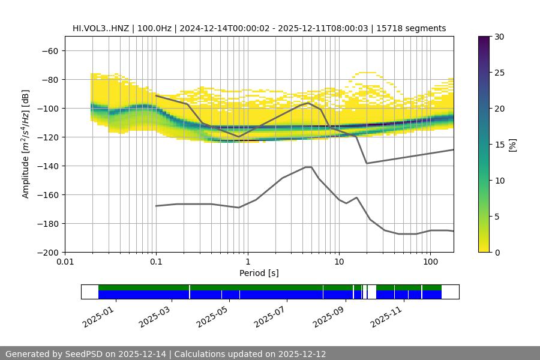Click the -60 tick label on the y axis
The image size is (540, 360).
pos(49,51)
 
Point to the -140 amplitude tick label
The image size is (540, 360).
pos(47,166)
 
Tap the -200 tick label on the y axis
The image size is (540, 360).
pos(47,253)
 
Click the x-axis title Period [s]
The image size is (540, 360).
pos(259,274)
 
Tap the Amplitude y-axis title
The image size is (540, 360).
pos(26,145)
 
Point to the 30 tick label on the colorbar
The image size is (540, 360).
pos(499,37)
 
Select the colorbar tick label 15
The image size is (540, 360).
pos(499,145)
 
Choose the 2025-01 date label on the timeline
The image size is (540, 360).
pos(98,315)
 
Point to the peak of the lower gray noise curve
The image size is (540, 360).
pos(308,167)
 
